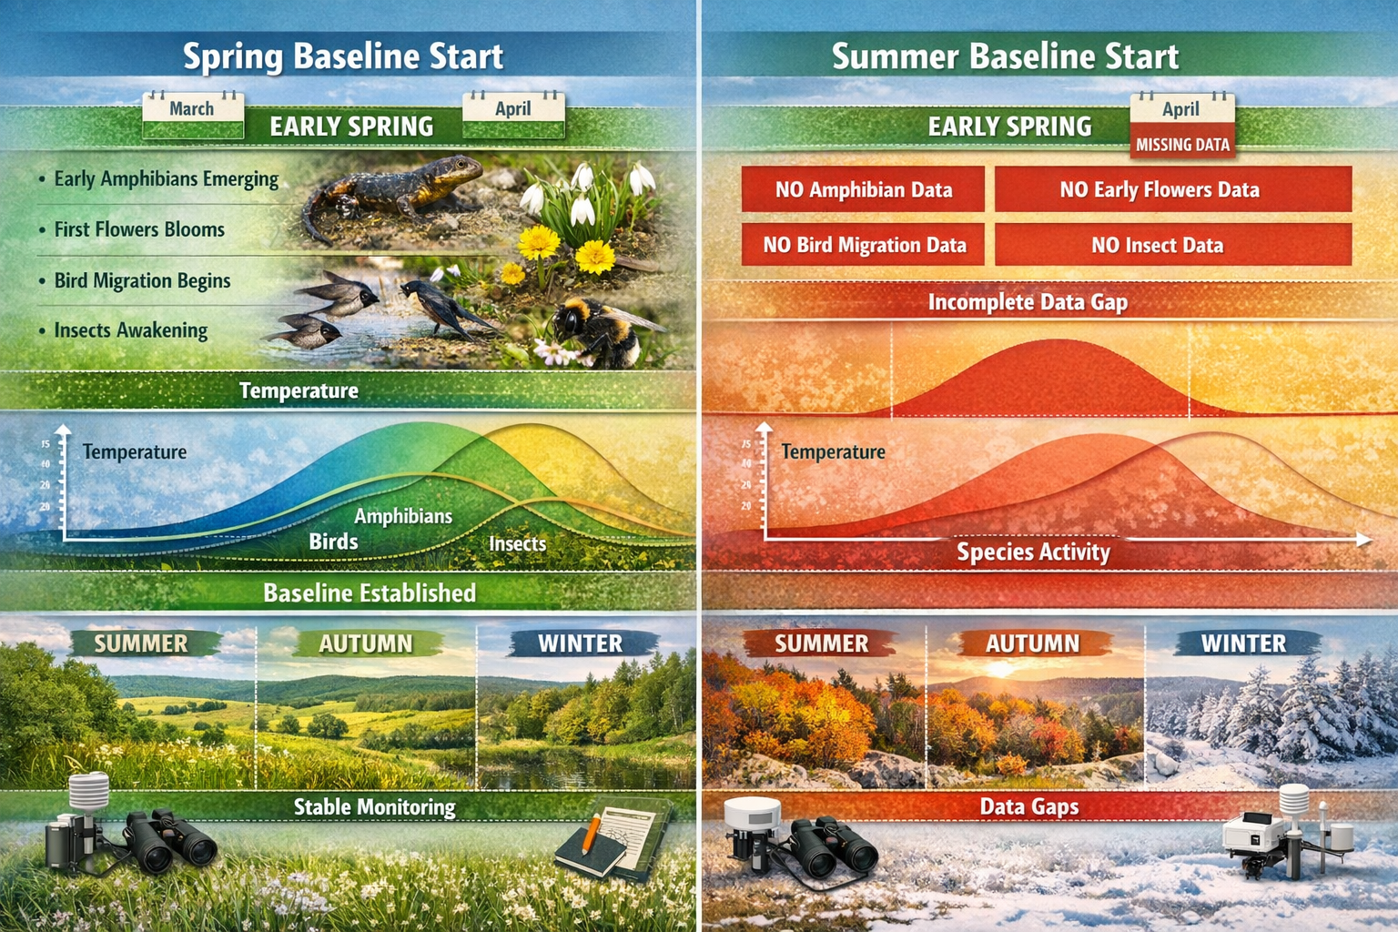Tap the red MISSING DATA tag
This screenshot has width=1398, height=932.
1182,145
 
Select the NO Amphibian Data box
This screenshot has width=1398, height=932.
863,189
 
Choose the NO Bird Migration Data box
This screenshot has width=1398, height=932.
864,245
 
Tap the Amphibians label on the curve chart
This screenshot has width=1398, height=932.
403,516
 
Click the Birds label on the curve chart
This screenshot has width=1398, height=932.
333,542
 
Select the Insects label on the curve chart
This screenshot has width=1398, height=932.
517,543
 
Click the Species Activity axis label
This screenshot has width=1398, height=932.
1033,552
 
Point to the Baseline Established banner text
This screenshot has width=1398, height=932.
370,593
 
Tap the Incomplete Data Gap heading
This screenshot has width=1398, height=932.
1028,302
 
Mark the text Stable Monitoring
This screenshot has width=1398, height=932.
374,807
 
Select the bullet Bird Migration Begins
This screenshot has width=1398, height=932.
142,281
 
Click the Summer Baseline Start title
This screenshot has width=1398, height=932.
1005,56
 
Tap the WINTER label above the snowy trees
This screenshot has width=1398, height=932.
1243,643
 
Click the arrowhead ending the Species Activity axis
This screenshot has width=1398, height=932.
1363,540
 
